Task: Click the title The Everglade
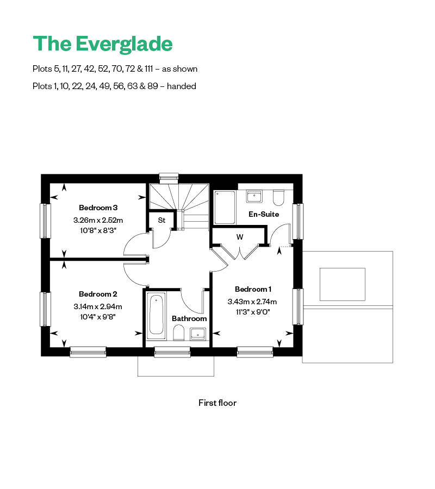pyautogui.click(x=103, y=43)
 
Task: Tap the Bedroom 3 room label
pyautogui.click(x=98, y=208)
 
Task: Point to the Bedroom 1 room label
pyautogui.click(x=253, y=289)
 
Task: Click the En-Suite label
pyautogui.click(x=264, y=214)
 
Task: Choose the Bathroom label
pyautogui.click(x=189, y=318)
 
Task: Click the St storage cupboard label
pyautogui.click(x=161, y=220)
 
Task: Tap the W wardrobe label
pyautogui.click(x=239, y=237)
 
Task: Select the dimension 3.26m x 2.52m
pyautogui.click(x=98, y=221)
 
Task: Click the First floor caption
pyautogui.click(x=217, y=403)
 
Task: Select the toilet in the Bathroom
pyautogui.click(x=178, y=333)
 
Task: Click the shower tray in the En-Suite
pyautogui.click(x=225, y=207)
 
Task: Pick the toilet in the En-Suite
pyautogui.click(x=278, y=197)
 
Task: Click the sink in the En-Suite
pyautogui.click(x=254, y=196)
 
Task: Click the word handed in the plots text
pyautogui.click(x=183, y=86)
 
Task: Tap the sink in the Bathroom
pyautogui.click(x=197, y=333)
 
